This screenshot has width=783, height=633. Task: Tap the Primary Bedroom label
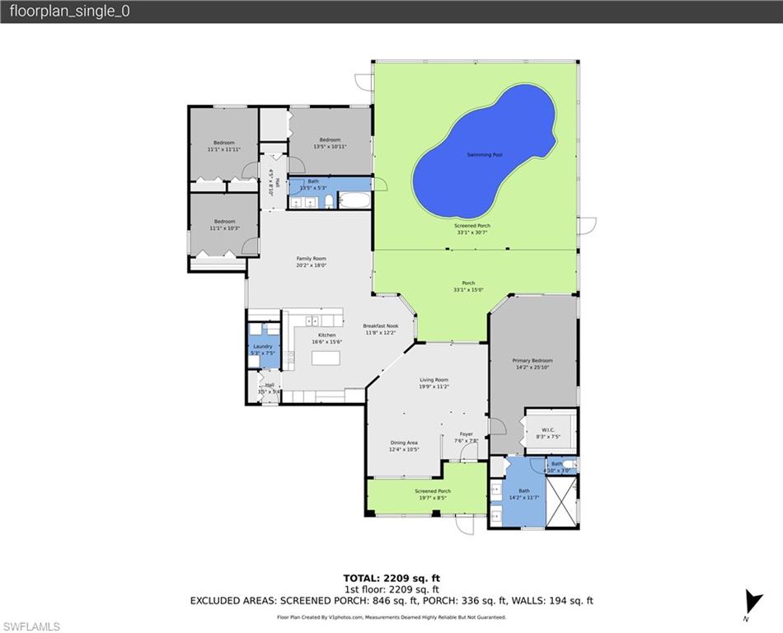click(x=532, y=363)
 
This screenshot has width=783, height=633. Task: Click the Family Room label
click(x=312, y=261)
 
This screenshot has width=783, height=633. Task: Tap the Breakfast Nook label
click(x=380, y=329)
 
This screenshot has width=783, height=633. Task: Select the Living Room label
click(x=434, y=382)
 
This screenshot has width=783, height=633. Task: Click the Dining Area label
click(x=404, y=446)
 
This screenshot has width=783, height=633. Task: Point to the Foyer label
click(x=467, y=437)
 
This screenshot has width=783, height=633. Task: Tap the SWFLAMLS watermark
click(x=31, y=626)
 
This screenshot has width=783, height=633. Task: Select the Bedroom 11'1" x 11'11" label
click(x=223, y=146)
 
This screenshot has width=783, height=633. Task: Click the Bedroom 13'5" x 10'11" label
click(x=330, y=143)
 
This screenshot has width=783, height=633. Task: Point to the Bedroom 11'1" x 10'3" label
click(x=224, y=224)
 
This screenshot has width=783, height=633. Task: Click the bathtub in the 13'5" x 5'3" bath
click(x=355, y=200)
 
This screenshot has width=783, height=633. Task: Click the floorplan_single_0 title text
click(x=69, y=12)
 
